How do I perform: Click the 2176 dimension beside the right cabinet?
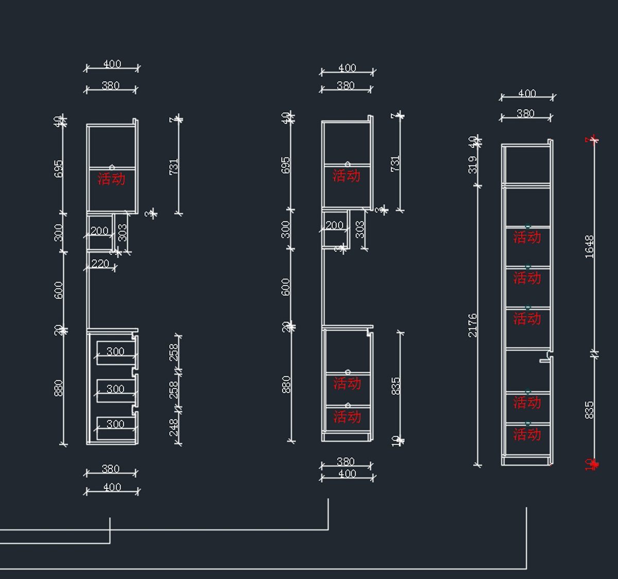[x=472, y=325]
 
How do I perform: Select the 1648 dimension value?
[x=590, y=247]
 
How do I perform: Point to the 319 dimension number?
[x=472, y=164]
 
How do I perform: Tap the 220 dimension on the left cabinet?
[x=100, y=264]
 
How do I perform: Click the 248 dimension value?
[x=174, y=427]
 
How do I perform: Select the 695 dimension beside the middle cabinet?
[x=286, y=165]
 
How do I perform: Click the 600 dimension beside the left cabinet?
[x=59, y=290]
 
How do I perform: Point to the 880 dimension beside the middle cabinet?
[x=286, y=384]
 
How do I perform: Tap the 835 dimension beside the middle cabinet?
[x=396, y=386]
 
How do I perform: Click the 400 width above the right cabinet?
[x=527, y=93]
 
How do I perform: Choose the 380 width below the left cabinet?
[x=111, y=468]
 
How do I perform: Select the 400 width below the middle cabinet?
[x=347, y=473]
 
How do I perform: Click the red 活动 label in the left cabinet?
[x=111, y=179]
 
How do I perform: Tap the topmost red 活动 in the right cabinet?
[x=527, y=237]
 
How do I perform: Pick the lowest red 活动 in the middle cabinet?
[x=347, y=416]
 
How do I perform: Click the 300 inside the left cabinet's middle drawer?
[x=115, y=389]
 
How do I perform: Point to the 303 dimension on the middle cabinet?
[x=359, y=229]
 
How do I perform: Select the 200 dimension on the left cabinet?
[x=99, y=231]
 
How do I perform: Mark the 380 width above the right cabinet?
[x=525, y=113]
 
